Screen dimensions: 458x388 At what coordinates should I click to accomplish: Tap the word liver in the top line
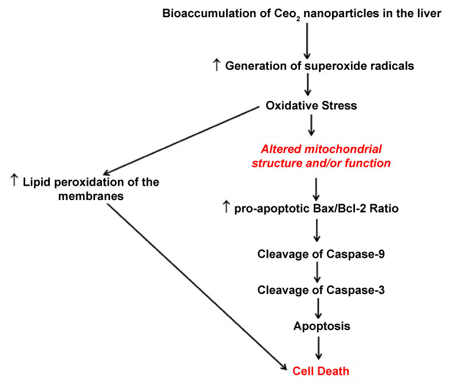coord(429,13)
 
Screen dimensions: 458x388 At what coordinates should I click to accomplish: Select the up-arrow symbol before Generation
coord(216,65)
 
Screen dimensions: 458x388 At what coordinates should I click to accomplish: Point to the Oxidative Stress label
coord(311,105)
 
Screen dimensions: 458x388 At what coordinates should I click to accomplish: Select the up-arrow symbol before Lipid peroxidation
coord(14,180)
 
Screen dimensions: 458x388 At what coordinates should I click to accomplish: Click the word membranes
coord(91,196)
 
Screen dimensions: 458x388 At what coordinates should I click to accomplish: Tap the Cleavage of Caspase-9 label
coord(321,254)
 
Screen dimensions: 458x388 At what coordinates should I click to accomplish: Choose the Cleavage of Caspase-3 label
coord(321,291)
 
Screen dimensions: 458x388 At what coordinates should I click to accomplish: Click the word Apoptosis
coord(322,327)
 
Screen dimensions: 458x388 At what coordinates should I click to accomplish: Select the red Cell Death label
coord(321,371)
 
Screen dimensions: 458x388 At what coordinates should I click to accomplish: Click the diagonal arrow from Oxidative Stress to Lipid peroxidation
coord(181,141)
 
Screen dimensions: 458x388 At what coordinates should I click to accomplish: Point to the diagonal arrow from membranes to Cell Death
coord(197,287)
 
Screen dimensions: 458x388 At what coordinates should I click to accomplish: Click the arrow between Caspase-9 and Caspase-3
coord(317,272)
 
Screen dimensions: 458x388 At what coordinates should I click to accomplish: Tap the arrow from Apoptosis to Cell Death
coord(319,348)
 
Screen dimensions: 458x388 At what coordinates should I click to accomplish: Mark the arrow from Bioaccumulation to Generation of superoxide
coord(307,41)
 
